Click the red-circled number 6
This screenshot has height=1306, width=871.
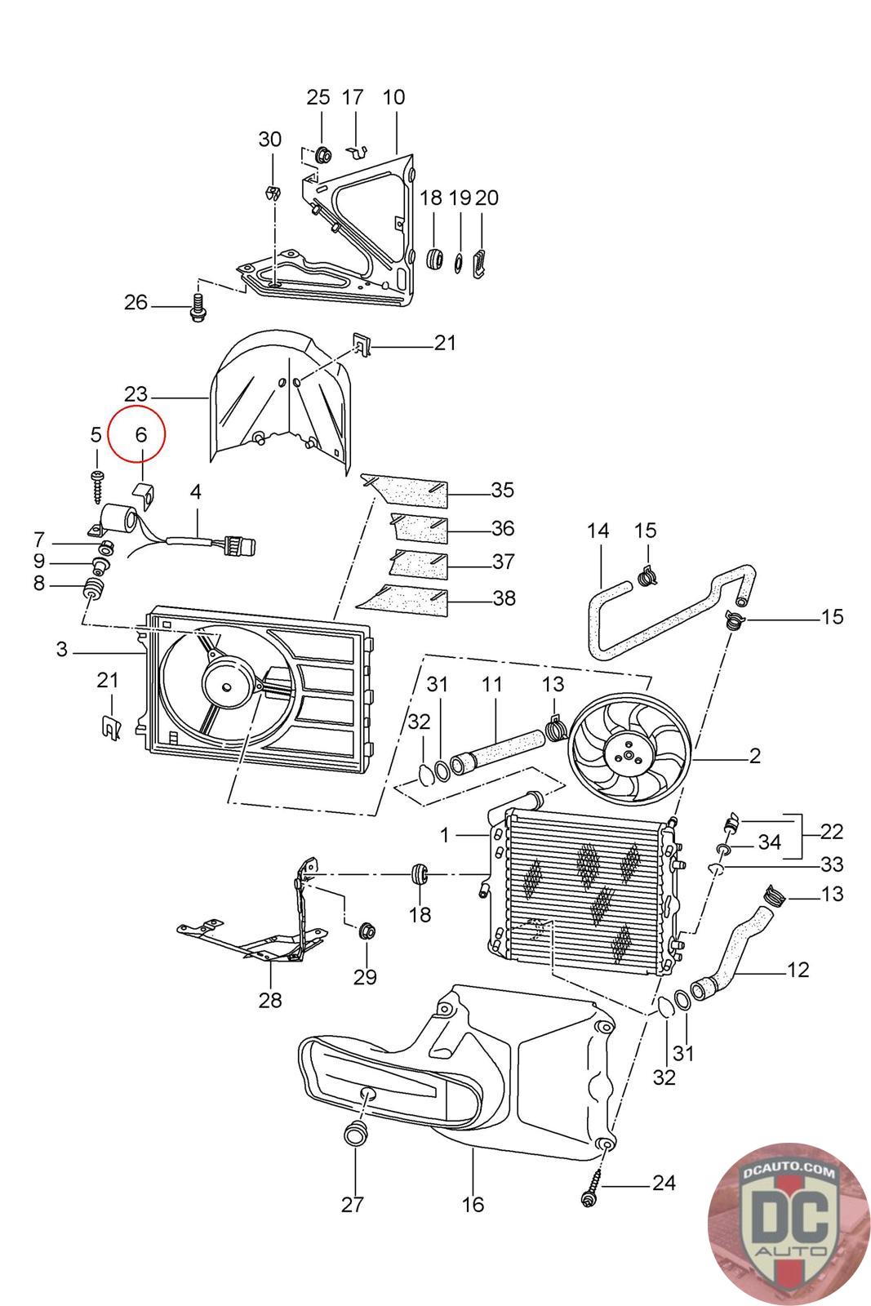point(141,435)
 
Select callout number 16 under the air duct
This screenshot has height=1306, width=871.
point(473,1204)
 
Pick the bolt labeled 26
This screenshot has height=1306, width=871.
point(196,308)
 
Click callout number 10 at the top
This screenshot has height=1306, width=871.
point(393,97)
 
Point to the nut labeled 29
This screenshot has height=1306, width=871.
point(366,930)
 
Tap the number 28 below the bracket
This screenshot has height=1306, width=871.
point(270,999)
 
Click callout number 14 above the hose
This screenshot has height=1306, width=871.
point(598,531)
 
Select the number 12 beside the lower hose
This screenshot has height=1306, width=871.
point(798,970)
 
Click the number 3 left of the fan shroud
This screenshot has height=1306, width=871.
point(62,650)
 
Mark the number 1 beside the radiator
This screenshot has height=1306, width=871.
point(445,835)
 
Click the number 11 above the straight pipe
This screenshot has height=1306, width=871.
point(491,684)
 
